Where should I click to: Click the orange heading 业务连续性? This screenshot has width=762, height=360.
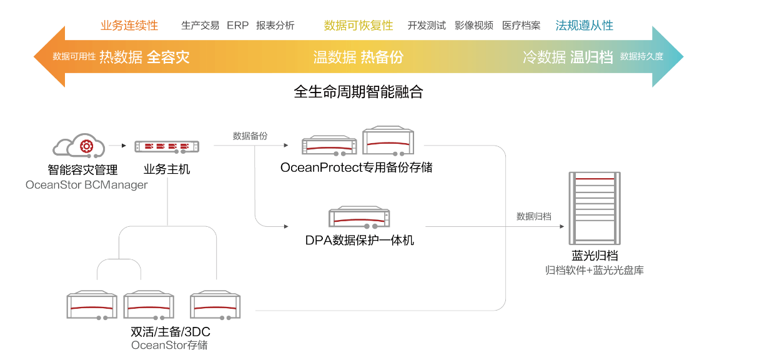pyautogui.click(x=129, y=26)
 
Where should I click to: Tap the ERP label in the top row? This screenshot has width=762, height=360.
pyautogui.click(x=237, y=26)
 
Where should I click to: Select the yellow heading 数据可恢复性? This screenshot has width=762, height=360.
pyautogui.click(x=359, y=26)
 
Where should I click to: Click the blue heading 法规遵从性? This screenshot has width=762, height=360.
pyautogui.click(x=584, y=26)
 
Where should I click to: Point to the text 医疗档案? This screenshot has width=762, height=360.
pyautogui.click(x=522, y=26)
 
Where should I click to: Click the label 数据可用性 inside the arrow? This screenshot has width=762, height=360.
pyautogui.click(x=74, y=57)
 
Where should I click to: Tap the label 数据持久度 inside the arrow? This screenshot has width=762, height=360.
pyautogui.click(x=641, y=57)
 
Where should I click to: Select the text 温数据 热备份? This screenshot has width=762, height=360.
pyautogui.click(x=358, y=57)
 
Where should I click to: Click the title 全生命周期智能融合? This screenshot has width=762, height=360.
pyautogui.click(x=359, y=92)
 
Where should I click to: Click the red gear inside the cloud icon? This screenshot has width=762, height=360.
pyautogui.click(x=87, y=146)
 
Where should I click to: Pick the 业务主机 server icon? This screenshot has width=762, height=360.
pyautogui.click(x=167, y=147)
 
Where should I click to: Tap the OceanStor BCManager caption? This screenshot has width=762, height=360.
pyautogui.click(x=87, y=185)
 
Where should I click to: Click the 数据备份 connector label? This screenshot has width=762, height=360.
pyautogui.click(x=250, y=136)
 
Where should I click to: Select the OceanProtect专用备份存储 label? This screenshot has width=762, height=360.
pyautogui.click(x=356, y=167)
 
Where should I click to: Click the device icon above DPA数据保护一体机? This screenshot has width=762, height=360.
pyautogui.click(x=359, y=217)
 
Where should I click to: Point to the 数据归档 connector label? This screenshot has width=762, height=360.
pyautogui.click(x=533, y=216)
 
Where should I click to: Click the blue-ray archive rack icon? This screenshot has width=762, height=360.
pyautogui.click(x=594, y=208)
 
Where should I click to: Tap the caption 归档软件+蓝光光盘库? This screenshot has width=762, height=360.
pyautogui.click(x=594, y=270)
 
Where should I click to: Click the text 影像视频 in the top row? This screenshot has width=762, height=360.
pyautogui.click(x=474, y=26)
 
